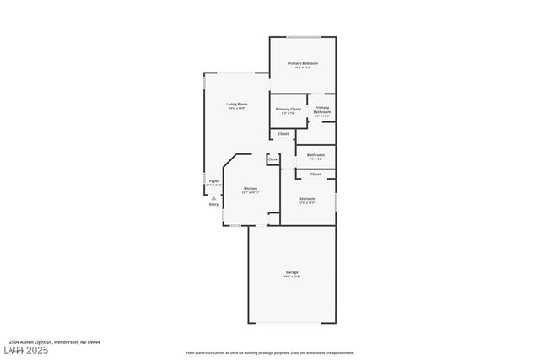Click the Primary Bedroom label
click(x=302, y=63)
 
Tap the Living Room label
click(x=236, y=104)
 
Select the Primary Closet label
click(x=288, y=109)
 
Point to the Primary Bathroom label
click(x=322, y=110)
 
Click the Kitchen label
click(x=251, y=188)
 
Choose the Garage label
click(x=292, y=272)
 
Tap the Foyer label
click(x=214, y=180)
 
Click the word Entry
click(x=213, y=204)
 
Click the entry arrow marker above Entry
click(x=213, y=196)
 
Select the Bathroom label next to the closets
click(x=316, y=154)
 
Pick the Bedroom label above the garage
click(x=307, y=199)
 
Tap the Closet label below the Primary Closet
click(x=283, y=133)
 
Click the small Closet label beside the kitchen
click(x=273, y=159)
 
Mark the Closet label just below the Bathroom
click(x=316, y=174)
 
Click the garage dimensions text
click(x=292, y=277)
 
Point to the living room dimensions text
click(x=236, y=109)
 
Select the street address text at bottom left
click(x=49, y=341)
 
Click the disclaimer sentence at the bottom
click(x=270, y=353)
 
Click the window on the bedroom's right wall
click(x=336, y=202)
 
